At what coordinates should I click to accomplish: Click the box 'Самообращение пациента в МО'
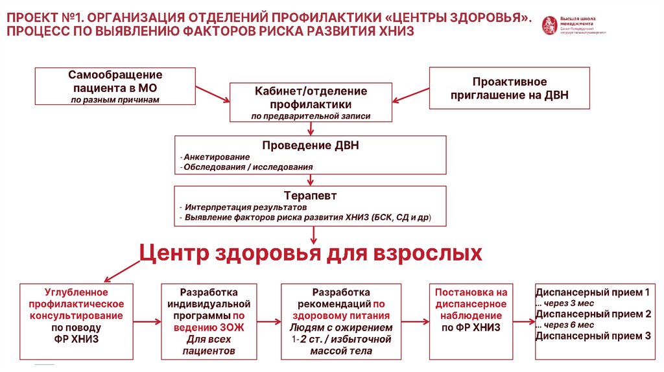(x=115, y=86)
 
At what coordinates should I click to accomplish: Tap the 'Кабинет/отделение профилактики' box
(x=311, y=102)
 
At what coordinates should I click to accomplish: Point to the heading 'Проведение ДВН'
(x=311, y=146)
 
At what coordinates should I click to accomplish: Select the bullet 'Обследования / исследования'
(x=248, y=167)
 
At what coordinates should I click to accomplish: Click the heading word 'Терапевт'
(x=311, y=196)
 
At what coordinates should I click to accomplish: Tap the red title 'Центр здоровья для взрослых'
(x=311, y=252)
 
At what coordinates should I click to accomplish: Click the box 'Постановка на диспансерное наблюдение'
(x=471, y=310)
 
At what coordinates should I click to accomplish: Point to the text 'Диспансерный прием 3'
(x=593, y=336)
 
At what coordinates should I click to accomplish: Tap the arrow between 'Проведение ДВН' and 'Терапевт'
(x=311, y=180)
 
